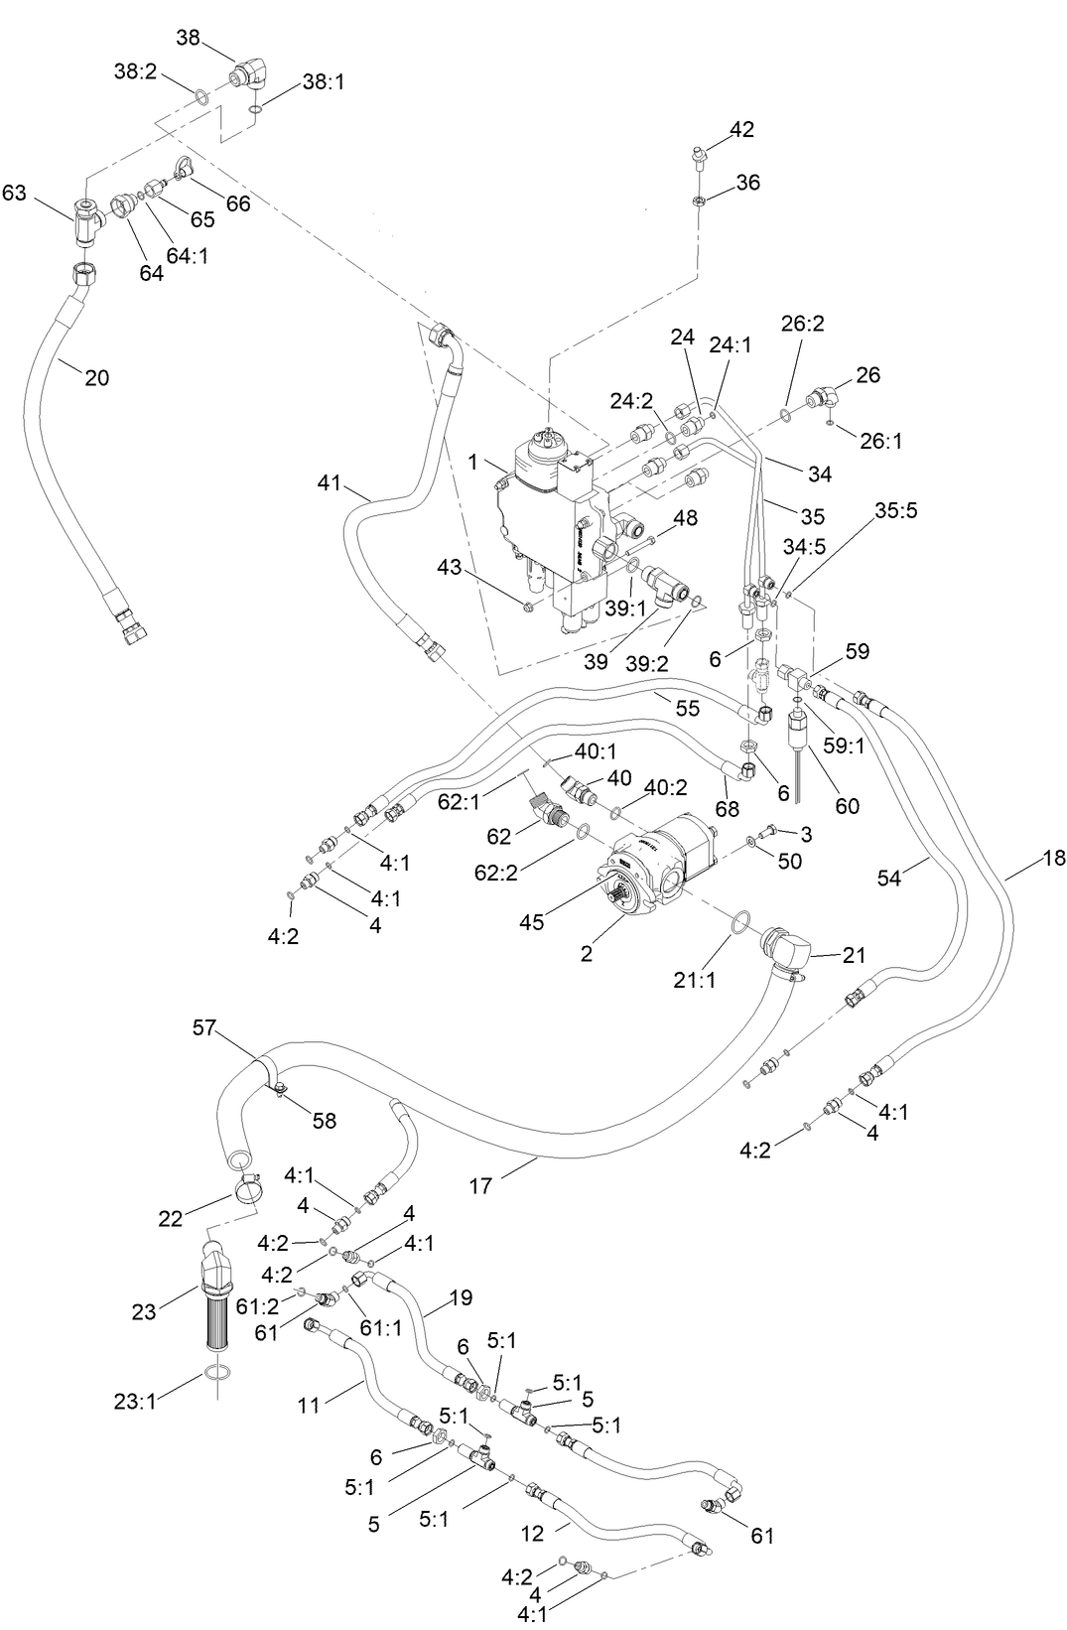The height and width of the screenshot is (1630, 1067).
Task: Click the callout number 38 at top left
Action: (188, 38)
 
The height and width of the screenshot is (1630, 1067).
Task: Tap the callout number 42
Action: (741, 129)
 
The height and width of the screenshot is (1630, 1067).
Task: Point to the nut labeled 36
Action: (699, 202)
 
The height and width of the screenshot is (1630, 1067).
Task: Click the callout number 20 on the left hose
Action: (96, 377)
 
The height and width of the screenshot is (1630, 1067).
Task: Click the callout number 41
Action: (329, 484)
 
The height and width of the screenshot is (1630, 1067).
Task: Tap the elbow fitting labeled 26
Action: (823, 399)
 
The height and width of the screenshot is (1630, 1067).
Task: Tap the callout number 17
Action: (480, 1185)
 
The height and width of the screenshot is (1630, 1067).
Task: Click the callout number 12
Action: (532, 1533)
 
